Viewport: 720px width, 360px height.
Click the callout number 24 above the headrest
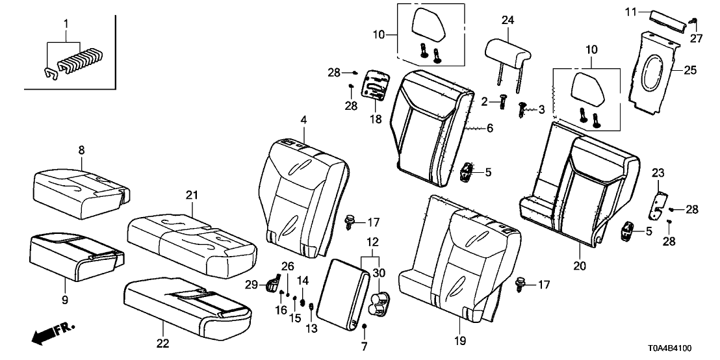click(x=508, y=20)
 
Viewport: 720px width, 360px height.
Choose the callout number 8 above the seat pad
click(x=81, y=150)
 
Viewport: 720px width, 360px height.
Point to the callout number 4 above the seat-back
click(x=303, y=120)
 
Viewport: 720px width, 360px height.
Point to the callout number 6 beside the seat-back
click(x=489, y=129)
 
